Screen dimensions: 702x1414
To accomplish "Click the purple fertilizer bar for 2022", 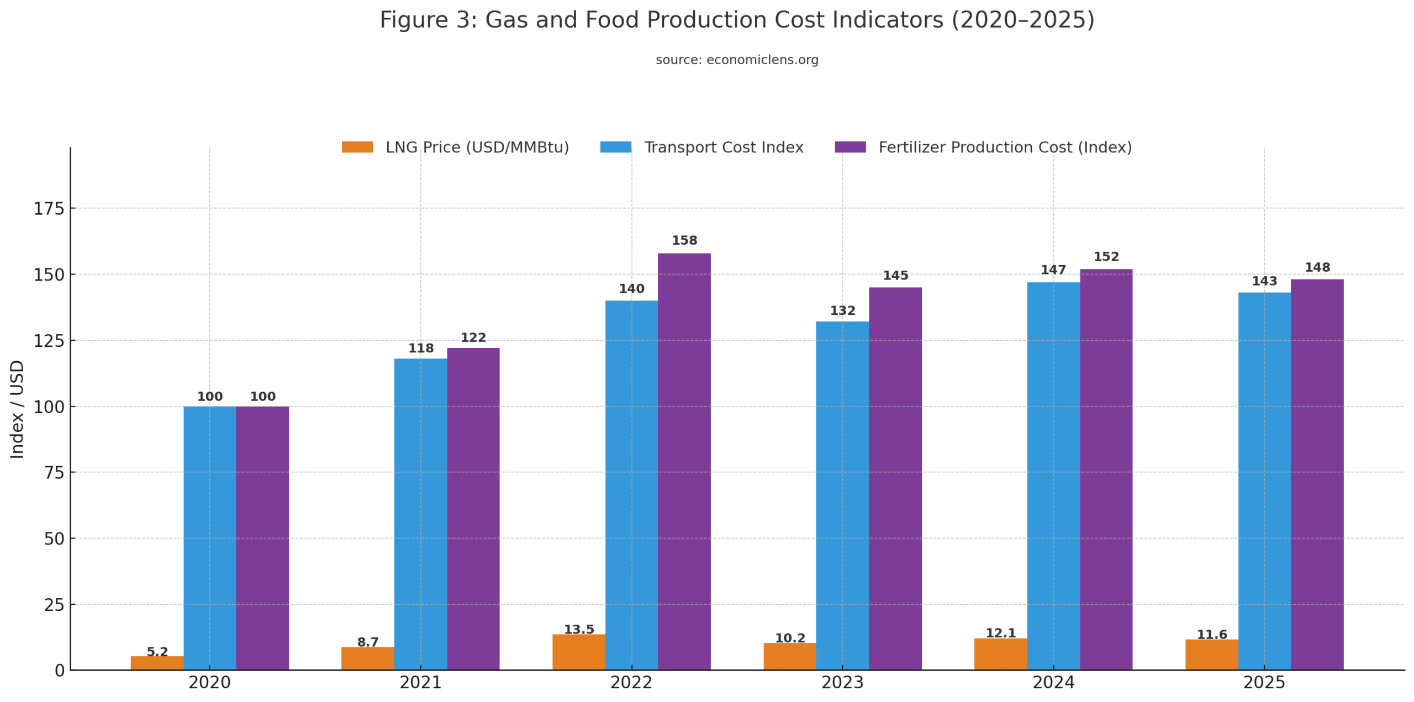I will point(683,461).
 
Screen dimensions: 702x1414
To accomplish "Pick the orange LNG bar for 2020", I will point(156,662).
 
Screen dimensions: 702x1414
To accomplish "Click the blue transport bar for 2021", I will point(420,514).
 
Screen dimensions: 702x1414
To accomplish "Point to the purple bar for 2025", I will point(1316,474).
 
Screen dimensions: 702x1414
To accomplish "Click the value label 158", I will point(684,240).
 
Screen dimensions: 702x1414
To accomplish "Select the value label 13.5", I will point(578,629).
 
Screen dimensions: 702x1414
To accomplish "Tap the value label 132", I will point(842,310).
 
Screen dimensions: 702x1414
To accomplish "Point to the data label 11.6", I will point(1211,634).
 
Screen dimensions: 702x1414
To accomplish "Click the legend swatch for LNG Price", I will point(357,147).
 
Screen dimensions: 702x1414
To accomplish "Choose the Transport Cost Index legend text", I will point(723,147).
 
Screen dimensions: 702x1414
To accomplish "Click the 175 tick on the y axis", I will point(49,209).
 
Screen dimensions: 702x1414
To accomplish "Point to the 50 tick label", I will point(54,539).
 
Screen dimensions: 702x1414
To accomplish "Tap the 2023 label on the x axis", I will point(842,682).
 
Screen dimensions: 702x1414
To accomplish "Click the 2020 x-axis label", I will point(209,682).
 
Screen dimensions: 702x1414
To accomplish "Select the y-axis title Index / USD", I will point(17,409).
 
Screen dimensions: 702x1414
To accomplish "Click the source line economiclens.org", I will point(736,60).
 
